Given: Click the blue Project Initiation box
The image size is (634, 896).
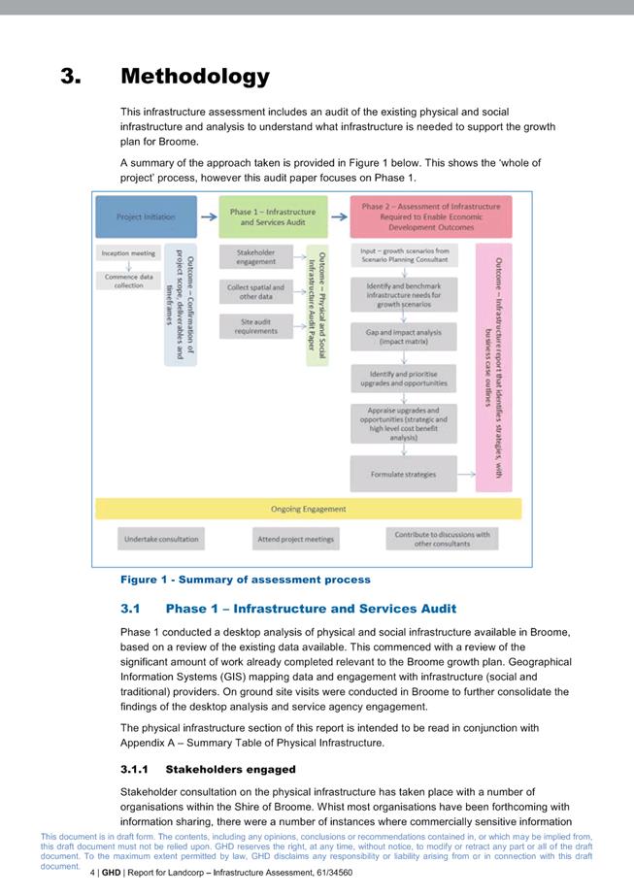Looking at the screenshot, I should tap(146, 217).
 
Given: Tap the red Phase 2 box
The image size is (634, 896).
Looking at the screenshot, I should tap(431, 217).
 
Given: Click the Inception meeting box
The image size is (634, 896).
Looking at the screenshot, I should tap(128, 254).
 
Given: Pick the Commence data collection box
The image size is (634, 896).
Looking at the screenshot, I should tap(128, 281).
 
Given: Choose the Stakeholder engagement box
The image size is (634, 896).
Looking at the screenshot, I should tap(255, 256).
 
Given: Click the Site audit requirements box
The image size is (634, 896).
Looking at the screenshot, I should tap(255, 326).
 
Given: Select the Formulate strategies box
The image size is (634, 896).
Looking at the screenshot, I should tap(403, 475).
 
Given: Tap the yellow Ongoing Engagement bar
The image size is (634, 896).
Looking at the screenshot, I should tap(308, 509).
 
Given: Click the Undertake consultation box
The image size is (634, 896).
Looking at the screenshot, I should tap(161, 539).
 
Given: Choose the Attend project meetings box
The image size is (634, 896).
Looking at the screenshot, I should tap(296, 539).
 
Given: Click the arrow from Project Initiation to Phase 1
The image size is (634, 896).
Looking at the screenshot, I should tap(207, 217).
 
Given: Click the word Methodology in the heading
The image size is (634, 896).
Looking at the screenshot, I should tap(195, 76).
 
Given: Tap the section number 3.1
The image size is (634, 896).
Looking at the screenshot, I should tap(131, 609).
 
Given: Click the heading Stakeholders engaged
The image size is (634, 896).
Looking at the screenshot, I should tap(230, 769).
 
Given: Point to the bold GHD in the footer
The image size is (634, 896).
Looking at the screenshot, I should tap(111, 873).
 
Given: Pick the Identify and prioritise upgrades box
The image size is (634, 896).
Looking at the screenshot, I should tap(403, 379).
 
